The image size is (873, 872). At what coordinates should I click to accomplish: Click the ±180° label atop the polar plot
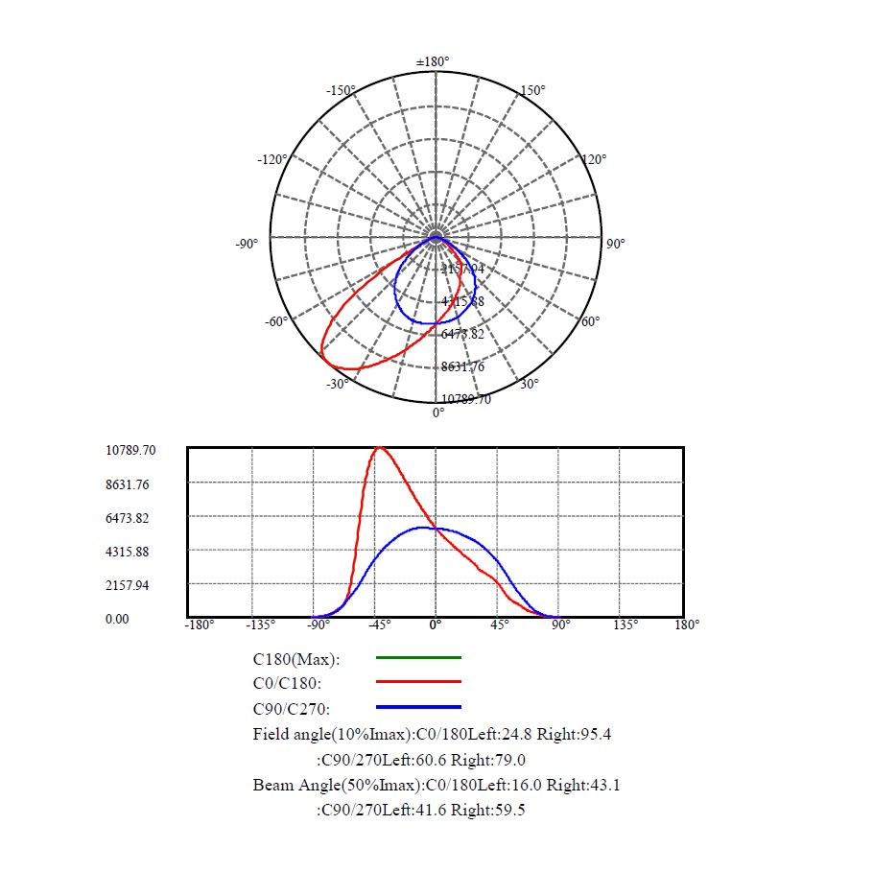click(433, 62)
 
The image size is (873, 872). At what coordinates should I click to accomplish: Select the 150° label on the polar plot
click(532, 91)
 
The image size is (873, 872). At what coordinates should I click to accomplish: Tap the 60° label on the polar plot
click(591, 321)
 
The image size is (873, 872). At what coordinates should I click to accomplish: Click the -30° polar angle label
click(337, 385)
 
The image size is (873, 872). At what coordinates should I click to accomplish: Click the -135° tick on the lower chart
click(261, 625)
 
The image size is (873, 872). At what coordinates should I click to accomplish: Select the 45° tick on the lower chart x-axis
click(499, 625)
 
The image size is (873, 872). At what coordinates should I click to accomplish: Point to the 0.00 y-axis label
click(117, 620)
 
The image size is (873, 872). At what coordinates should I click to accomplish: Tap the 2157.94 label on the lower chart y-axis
click(128, 585)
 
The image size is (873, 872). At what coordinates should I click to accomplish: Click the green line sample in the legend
click(418, 658)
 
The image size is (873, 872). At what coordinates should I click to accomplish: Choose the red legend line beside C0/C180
click(418, 682)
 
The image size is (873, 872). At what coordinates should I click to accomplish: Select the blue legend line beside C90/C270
click(418, 707)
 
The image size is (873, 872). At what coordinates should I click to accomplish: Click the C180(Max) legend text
click(296, 659)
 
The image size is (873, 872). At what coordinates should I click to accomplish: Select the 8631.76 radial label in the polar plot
click(462, 366)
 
